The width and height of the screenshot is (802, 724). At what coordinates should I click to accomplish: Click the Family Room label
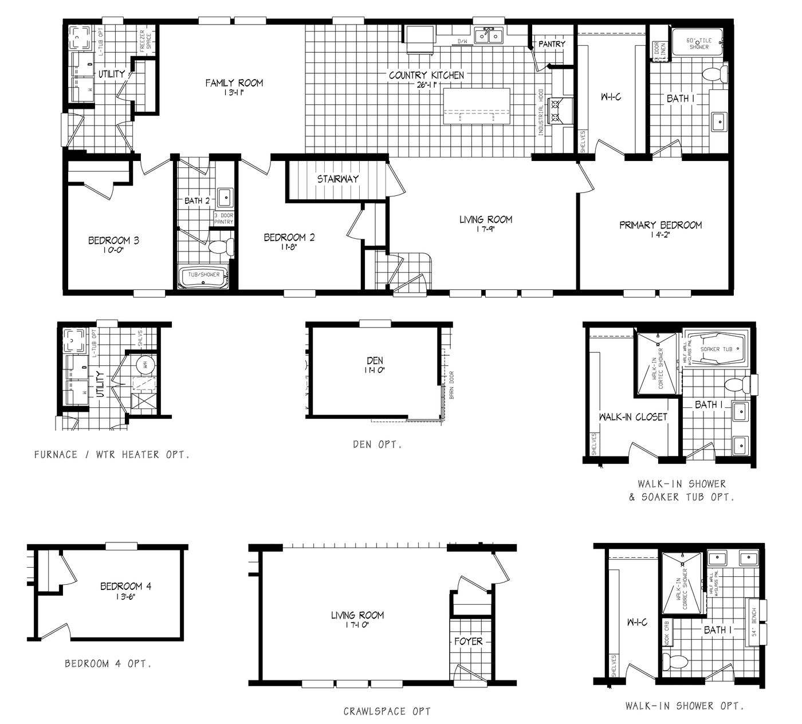[x=234, y=83]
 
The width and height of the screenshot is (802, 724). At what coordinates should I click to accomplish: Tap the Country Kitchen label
[x=426, y=76]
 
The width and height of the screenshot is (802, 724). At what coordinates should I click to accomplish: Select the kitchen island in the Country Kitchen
[x=477, y=108]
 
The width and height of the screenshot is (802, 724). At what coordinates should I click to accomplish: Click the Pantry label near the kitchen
[x=552, y=44]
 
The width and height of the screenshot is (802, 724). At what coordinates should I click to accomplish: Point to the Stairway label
[x=338, y=179]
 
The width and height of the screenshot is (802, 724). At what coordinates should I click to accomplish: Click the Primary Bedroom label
[x=660, y=225]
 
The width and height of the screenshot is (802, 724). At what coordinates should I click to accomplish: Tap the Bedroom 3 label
[x=113, y=241]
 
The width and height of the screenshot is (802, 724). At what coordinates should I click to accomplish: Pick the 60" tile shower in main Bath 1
[x=698, y=44]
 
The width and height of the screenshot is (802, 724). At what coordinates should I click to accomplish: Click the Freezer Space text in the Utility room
[x=145, y=43]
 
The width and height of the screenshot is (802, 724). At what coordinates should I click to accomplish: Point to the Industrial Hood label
[x=540, y=112]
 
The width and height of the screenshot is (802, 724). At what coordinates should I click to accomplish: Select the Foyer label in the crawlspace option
[x=469, y=642]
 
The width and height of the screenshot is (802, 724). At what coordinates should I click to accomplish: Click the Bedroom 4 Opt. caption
[x=108, y=664]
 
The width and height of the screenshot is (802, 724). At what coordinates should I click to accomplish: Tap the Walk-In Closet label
[x=633, y=417]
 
